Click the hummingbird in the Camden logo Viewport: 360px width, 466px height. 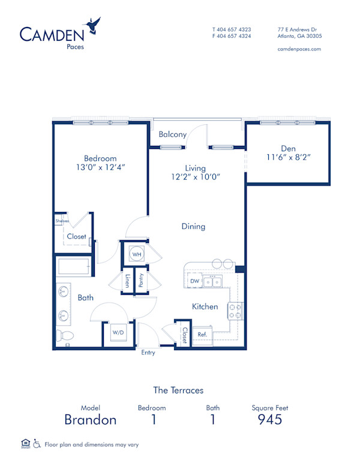(x=93, y=25)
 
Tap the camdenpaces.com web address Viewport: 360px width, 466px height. (x=299, y=49)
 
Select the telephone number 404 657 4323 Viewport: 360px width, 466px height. (x=235, y=29)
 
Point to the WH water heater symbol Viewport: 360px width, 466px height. (x=137, y=253)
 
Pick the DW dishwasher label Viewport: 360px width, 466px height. (x=194, y=280)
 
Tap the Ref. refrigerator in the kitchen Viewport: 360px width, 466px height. (x=202, y=334)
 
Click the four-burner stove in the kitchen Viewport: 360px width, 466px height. (x=235, y=310)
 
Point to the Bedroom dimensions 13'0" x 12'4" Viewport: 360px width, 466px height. (x=100, y=168)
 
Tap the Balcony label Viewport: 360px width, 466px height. (x=172, y=135)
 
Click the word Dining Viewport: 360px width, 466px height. (x=193, y=226)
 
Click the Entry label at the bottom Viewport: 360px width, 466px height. (x=148, y=353)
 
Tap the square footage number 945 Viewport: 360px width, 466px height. (x=270, y=419)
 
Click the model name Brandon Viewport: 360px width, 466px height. (x=90, y=419)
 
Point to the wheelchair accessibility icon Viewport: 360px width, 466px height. (x=37, y=444)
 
